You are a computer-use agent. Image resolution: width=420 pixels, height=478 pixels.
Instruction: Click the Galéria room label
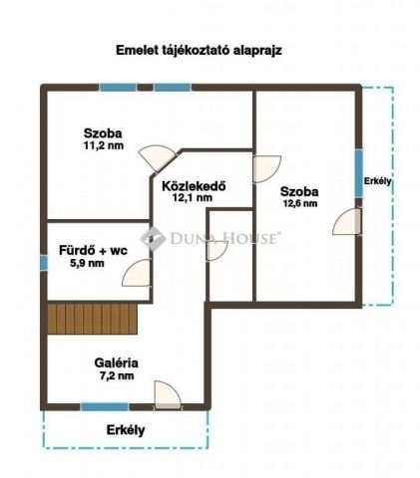[112, 362]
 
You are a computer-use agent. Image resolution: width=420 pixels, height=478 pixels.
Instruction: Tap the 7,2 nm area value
[112, 376]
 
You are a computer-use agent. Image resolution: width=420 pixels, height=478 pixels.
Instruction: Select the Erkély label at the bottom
[126, 430]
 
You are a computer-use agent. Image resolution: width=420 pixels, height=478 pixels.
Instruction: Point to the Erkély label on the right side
[378, 181]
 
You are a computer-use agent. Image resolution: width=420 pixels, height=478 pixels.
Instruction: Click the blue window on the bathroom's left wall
[43, 263]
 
